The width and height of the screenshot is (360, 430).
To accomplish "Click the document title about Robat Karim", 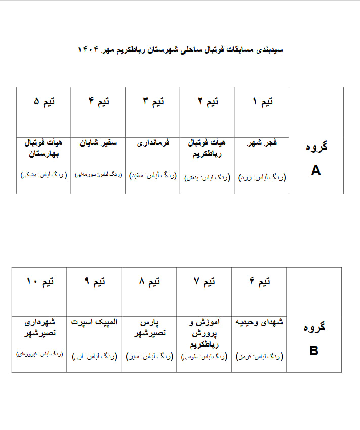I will pyautogui.click(x=180, y=49).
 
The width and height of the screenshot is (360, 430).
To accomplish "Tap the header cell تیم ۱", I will pyautogui.click(x=262, y=102).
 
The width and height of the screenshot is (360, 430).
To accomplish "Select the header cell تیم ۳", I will pyautogui.click(x=153, y=102).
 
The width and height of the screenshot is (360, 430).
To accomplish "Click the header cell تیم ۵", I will pyautogui.click(x=44, y=102).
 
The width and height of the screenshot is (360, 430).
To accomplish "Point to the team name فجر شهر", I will pyautogui.click(x=261, y=144).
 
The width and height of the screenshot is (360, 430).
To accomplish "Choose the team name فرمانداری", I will pyautogui.click(x=153, y=143).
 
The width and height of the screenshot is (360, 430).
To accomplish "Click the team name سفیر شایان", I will pyautogui.click(x=98, y=143).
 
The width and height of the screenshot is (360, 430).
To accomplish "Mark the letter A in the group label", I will pyautogui.click(x=316, y=170).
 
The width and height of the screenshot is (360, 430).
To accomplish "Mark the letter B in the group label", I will pyautogui.click(x=314, y=351).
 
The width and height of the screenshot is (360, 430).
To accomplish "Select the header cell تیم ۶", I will pyautogui.click(x=259, y=282).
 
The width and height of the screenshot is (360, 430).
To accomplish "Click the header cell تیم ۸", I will pyautogui.click(x=149, y=282).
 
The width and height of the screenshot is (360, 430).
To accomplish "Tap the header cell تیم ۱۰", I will pyautogui.click(x=39, y=282).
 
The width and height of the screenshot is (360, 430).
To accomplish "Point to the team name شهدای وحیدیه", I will pyautogui.click(x=259, y=322).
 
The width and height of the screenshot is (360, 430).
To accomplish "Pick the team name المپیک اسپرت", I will pyautogui.click(x=94, y=322).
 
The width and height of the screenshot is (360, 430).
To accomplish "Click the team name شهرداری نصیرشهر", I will pyautogui.click(x=39, y=327).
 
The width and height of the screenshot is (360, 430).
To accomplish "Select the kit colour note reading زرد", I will pyautogui.click(x=262, y=178).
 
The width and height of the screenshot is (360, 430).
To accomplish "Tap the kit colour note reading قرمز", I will pyautogui.click(x=259, y=357).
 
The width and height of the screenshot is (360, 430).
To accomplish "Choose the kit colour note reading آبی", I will pyautogui.click(x=95, y=357).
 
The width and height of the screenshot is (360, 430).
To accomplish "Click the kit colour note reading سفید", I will pyautogui.click(x=153, y=175).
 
